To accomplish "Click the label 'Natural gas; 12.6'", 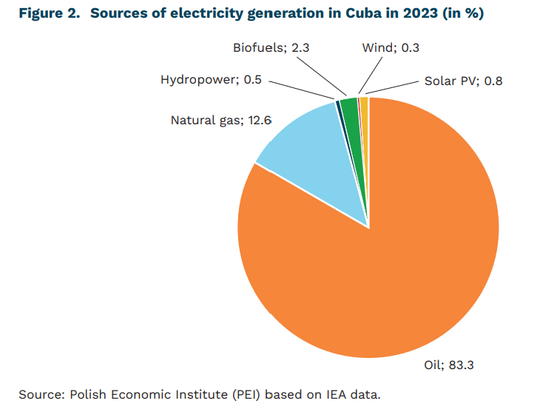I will tap(211, 120).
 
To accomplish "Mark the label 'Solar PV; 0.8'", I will tap(463, 81).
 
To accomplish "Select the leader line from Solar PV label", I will tap(392, 87).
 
